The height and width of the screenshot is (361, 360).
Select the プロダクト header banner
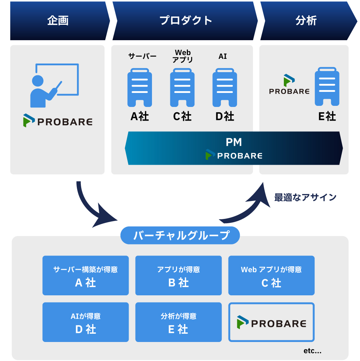[185, 21]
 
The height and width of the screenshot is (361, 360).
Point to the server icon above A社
[140, 88]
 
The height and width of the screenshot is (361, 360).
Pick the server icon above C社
[182, 88]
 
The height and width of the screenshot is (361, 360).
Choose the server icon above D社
[225, 88]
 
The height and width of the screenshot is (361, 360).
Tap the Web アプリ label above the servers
[183, 56]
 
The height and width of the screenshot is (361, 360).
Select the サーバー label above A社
[142, 56]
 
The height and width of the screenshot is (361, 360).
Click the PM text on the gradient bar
[234, 142]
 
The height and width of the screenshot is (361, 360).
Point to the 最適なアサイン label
[305, 197]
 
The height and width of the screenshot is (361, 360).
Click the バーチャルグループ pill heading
[180, 235]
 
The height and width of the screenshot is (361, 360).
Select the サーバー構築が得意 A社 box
[86, 275]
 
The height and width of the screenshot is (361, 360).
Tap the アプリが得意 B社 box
[179, 275]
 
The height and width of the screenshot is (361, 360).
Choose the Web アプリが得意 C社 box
[271, 275]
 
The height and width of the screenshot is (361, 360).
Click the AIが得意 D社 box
[86, 322]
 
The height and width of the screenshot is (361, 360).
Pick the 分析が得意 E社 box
[179, 322]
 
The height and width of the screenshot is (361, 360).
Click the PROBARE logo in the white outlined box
[271, 322]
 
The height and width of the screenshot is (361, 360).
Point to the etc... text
[312, 350]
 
